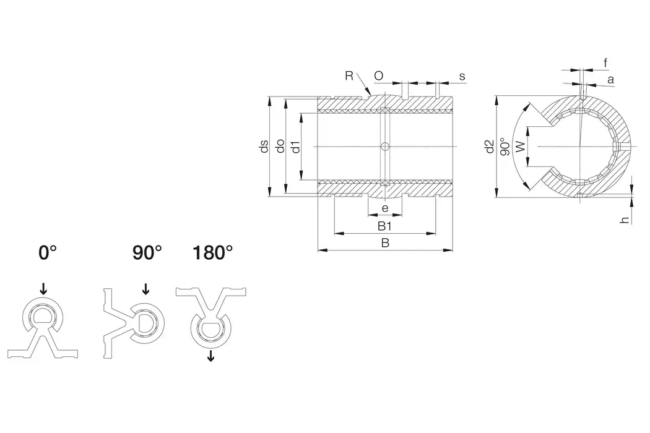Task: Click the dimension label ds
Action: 264,147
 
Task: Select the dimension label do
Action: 280,147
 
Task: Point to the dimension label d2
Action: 489,147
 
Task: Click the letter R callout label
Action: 350,75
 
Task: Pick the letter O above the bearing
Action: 379,75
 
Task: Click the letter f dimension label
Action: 605,62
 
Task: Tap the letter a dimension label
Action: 610,79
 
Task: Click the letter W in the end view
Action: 520,147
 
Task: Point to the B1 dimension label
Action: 384,226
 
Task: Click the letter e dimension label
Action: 384,209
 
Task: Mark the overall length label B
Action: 384,243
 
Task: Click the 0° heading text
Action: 48,252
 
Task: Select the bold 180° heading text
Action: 212,252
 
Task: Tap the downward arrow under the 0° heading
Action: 43,288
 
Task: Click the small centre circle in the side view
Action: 384,147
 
